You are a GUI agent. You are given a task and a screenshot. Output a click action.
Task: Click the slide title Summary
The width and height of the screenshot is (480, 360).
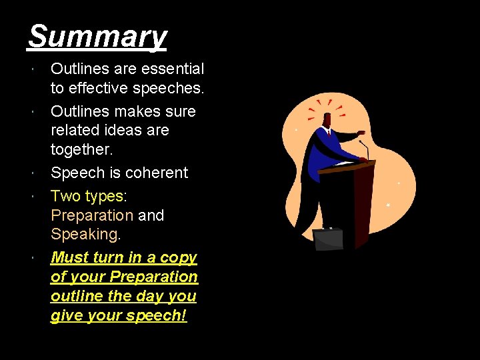point(97,36)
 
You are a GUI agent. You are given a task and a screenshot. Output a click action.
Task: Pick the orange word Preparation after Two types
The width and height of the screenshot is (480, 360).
point(92,215)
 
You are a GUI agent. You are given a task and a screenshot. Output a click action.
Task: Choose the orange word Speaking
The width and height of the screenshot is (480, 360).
point(86,235)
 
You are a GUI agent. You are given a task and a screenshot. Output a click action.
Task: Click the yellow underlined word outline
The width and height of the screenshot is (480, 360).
point(74,296)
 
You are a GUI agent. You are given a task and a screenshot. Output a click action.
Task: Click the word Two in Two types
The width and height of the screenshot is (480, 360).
point(65,197)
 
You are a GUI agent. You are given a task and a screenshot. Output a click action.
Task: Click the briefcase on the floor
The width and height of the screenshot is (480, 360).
point(328,239)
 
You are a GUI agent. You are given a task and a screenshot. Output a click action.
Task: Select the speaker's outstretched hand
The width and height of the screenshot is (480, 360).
point(361,133)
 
